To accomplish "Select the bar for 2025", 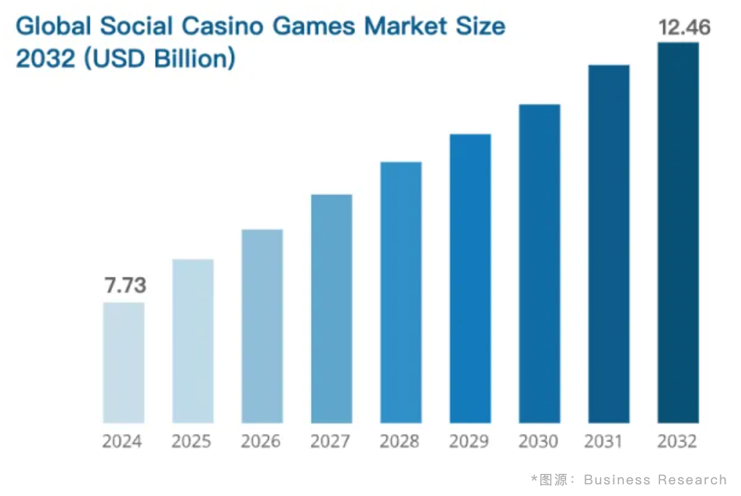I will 193,341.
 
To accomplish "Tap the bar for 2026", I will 262,326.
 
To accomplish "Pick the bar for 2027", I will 331,308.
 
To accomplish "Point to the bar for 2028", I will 401,292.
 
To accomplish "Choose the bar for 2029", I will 470,278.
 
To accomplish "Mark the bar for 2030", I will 539,263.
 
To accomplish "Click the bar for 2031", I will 609,244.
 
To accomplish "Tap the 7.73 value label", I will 125,286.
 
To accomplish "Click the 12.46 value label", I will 684,28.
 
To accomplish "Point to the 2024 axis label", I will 122,441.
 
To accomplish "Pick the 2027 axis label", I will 330,441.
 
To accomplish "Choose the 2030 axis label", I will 538,441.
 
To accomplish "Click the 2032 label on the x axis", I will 677,441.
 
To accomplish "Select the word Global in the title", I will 54,26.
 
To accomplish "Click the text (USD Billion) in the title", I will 160,59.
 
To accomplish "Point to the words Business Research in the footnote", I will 655,479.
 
